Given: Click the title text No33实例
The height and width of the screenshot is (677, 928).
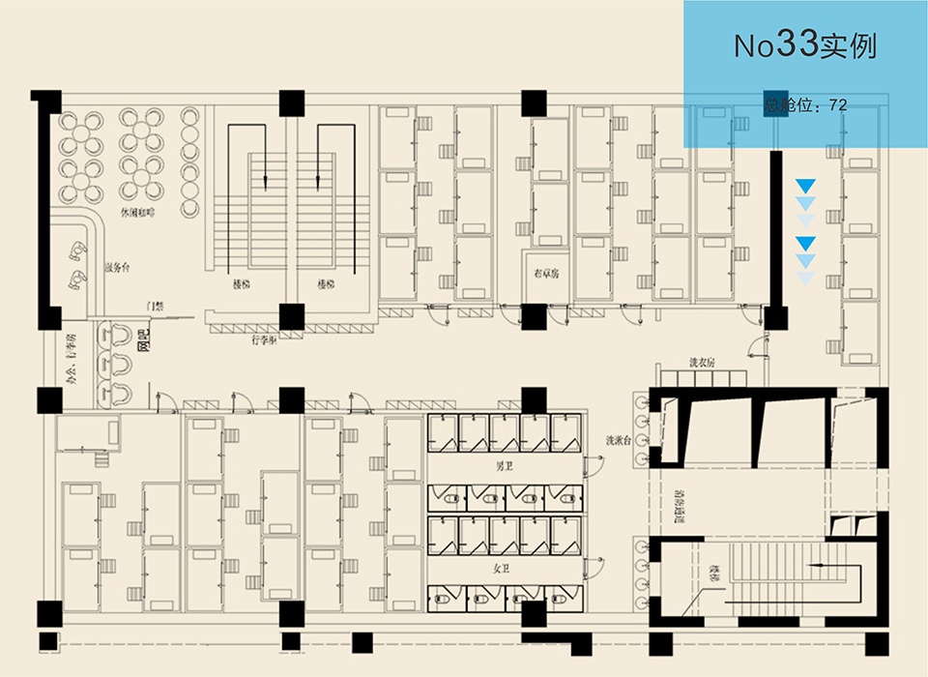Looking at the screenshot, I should click(x=804, y=45).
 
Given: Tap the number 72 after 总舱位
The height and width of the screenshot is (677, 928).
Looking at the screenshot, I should click(x=838, y=104).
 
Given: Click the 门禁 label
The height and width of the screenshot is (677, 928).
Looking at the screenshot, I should click(x=155, y=306).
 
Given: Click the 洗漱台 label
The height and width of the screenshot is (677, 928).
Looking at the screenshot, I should click(x=619, y=440).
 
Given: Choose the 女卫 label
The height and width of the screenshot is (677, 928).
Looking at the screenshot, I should click(x=502, y=567).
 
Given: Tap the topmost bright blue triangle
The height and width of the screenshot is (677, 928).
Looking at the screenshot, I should click(x=805, y=185).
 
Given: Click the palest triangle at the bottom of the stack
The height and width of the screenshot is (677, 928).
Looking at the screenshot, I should click(x=805, y=279).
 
